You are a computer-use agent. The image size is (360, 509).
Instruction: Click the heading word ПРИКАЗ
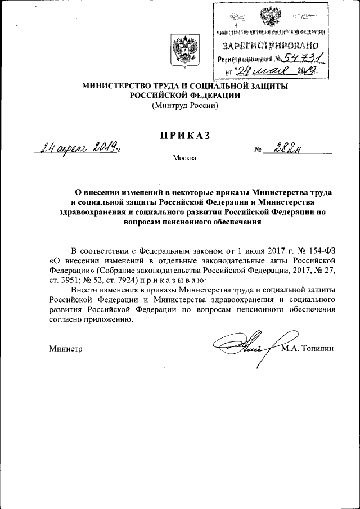(184, 134)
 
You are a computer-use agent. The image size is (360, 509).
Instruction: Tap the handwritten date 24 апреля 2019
(78, 148)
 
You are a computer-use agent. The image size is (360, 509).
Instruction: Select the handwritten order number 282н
(287, 148)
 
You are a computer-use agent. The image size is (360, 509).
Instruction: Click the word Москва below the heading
(185, 158)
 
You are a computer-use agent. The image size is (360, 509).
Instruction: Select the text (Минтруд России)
(184, 105)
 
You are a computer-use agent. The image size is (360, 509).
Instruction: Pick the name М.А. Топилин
(308, 348)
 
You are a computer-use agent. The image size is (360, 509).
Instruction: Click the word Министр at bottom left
(66, 349)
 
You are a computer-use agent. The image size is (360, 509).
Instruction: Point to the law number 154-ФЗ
(319, 249)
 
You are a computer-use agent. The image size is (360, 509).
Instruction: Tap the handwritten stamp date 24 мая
(264, 71)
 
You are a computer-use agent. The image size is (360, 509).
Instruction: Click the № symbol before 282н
(259, 150)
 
